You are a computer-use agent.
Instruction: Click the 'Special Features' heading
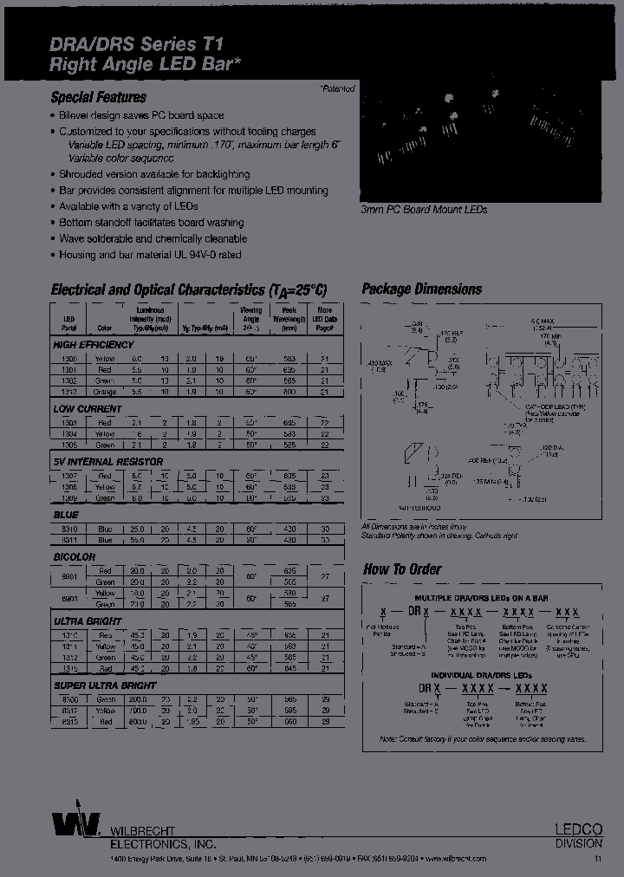[99, 97]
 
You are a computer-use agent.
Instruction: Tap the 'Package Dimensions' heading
[421, 289]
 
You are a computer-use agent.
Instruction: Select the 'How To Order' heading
[401, 569]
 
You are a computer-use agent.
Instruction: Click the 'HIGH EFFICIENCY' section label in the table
[94, 344]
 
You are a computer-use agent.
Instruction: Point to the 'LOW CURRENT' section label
[88, 408]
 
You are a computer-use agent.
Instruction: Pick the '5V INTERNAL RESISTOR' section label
[107, 462]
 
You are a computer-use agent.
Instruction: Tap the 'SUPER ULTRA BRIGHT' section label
[104, 685]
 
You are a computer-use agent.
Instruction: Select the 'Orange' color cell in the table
[104, 392]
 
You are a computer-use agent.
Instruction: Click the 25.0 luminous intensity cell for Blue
[138, 528]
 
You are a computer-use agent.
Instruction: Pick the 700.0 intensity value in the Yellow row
[138, 709]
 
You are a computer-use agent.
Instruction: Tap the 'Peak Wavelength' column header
[289, 319]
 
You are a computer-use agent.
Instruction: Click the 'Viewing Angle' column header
[250, 319]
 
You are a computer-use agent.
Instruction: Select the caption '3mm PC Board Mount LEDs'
[424, 210]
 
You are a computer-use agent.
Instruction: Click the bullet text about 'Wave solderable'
[153, 238]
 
